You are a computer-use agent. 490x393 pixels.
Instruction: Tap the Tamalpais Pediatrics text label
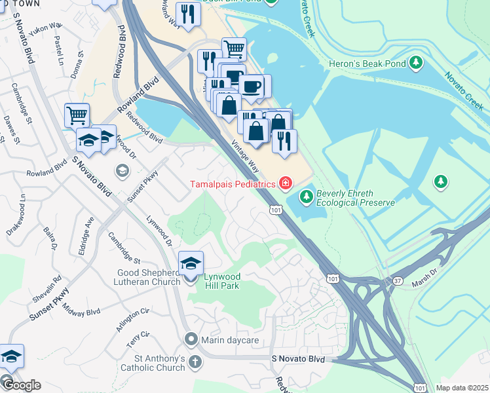(233, 184)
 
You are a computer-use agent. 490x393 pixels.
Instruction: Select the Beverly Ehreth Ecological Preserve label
(355, 198)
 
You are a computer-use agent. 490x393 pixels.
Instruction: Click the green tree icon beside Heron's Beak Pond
(416, 64)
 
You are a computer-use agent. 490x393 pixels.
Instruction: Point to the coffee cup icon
(252, 86)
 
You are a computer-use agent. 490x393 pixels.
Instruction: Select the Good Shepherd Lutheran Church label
(149, 277)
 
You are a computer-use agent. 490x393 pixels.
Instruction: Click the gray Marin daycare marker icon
(191, 339)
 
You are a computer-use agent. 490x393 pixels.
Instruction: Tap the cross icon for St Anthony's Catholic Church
(195, 362)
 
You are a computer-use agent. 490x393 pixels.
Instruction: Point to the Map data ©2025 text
(462, 388)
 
